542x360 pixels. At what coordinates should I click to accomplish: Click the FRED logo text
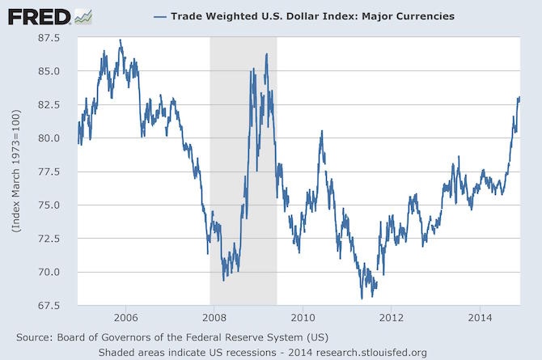tap(39, 15)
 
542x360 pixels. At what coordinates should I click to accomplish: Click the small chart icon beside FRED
tap(83, 15)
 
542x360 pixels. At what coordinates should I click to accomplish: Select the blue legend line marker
tap(159, 16)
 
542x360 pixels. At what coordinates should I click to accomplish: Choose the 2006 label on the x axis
tap(124, 316)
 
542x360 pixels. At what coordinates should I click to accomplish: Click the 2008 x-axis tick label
tap(213, 316)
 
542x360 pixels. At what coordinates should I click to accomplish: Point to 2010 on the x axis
tap(302, 316)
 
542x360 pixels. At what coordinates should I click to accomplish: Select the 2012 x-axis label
tap(391, 316)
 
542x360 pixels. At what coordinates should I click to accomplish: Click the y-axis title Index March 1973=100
tap(17, 172)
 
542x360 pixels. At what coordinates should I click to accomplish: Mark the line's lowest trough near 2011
tap(362, 299)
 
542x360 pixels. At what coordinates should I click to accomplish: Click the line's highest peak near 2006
tap(121, 40)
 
